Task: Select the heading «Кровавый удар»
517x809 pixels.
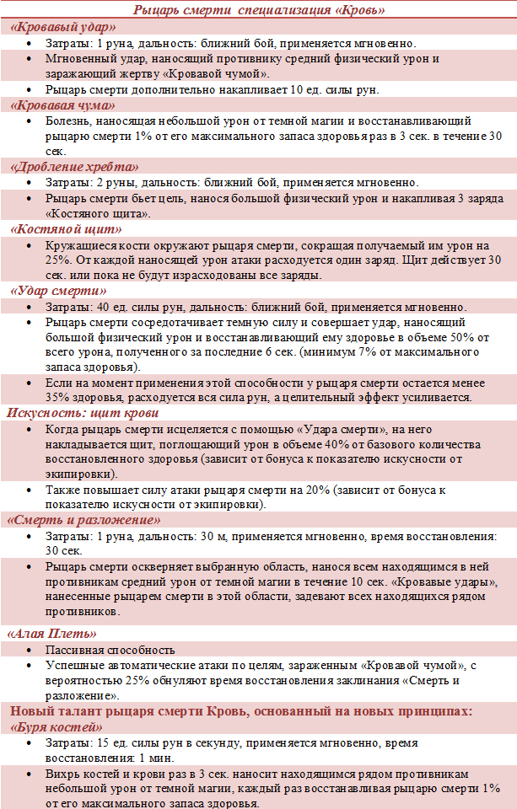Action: [63, 27]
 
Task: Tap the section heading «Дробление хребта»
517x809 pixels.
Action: [74, 167]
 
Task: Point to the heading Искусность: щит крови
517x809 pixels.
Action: [83, 413]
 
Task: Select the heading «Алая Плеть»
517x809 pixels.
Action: [53, 633]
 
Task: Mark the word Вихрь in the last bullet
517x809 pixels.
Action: [63, 774]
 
